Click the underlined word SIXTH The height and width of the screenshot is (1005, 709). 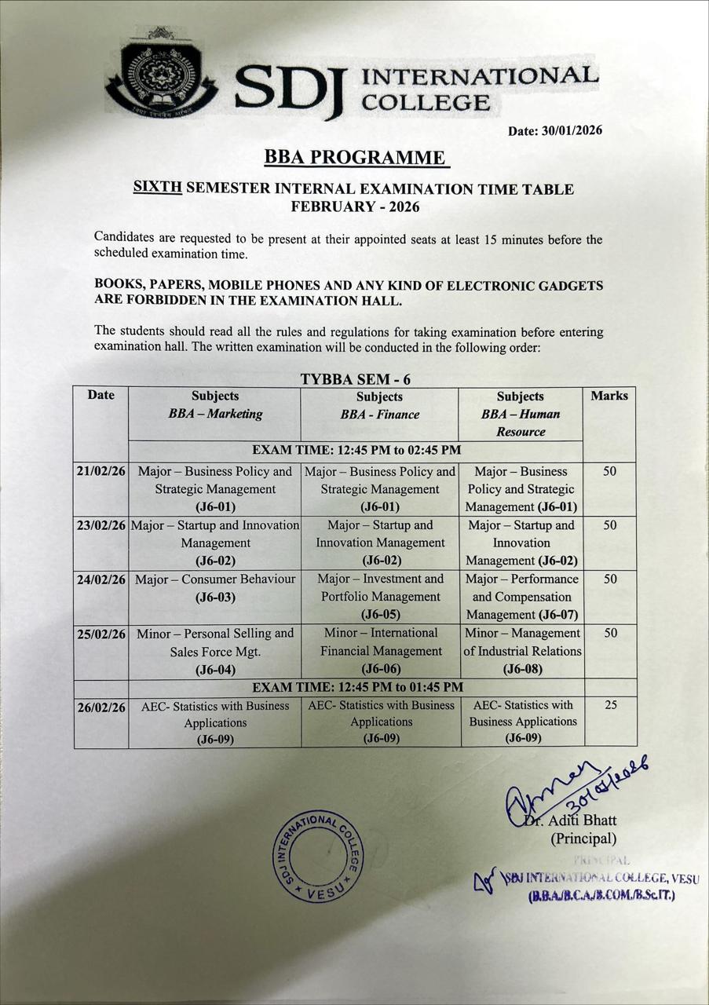pyautogui.click(x=157, y=188)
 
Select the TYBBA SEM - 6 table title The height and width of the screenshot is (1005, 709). pyautogui.click(x=356, y=379)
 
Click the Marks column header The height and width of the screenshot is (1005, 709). pyautogui.click(x=609, y=396)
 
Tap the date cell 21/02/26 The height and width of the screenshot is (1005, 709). pyautogui.click(x=101, y=472)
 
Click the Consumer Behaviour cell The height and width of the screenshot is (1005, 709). pyautogui.click(x=214, y=588)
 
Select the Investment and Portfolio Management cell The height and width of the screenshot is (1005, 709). pyautogui.click(x=380, y=596)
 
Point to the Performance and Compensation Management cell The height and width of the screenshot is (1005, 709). pyautogui.click(x=522, y=597)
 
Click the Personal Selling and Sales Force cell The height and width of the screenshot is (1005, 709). pyautogui.click(x=214, y=651)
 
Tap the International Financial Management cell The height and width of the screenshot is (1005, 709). pyautogui.click(x=380, y=650)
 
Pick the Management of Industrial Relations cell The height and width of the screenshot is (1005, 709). pyautogui.click(x=522, y=650)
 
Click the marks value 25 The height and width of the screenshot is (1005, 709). pyautogui.click(x=610, y=705)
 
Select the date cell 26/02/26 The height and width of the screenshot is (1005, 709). pyautogui.click(x=101, y=707)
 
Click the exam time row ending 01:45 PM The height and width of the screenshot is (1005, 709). pyautogui.click(x=356, y=687)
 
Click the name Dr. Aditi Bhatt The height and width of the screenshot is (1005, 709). pyautogui.click(x=582, y=820)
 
